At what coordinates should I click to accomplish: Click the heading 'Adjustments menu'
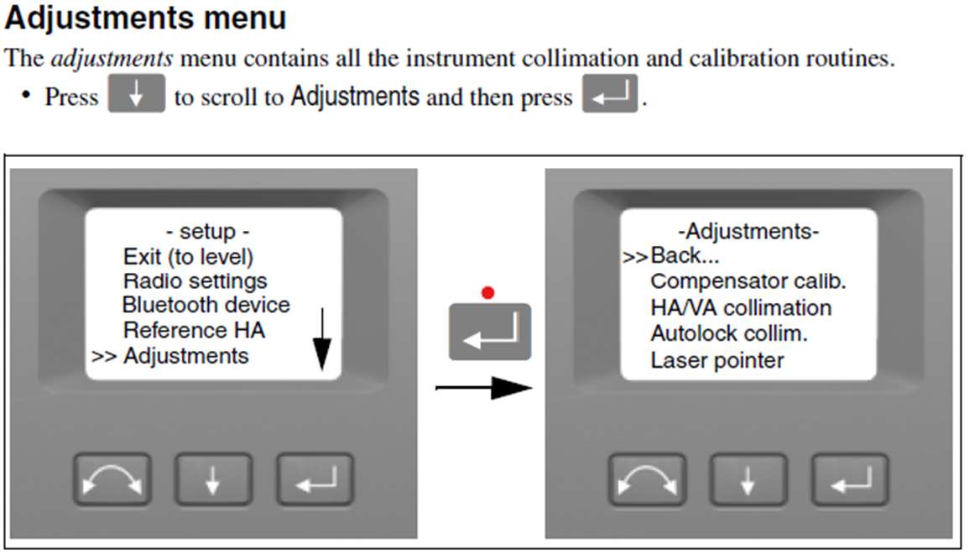tap(146, 18)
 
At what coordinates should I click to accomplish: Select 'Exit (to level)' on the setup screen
tap(188, 256)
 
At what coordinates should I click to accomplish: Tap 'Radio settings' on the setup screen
tap(195, 280)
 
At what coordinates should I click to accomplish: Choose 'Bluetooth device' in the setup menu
tap(206, 305)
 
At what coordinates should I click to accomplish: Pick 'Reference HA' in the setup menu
tap(194, 330)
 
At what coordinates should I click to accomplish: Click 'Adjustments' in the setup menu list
tap(185, 355)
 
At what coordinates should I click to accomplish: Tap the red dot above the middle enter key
tap(488, 293)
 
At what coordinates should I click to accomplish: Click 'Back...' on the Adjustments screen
tap(685, 255)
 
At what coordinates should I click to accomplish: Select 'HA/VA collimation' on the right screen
tap(741, 307)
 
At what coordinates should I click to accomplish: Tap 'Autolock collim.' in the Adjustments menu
tap(728, 333)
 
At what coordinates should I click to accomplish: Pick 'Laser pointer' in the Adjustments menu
tap(717, 359)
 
